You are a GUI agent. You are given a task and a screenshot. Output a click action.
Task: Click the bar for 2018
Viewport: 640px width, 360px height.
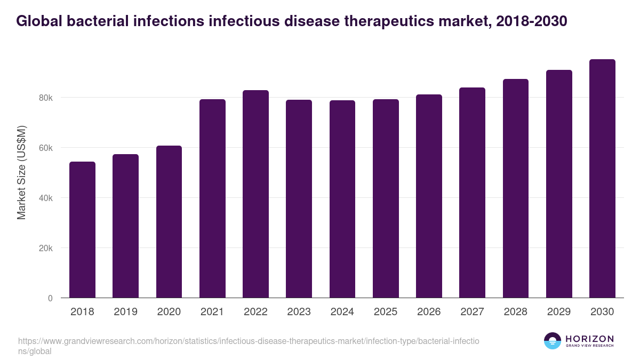82,230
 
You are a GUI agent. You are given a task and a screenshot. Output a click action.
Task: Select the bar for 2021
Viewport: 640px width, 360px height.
212,198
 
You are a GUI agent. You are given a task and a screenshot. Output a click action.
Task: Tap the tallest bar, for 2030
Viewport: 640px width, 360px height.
602,179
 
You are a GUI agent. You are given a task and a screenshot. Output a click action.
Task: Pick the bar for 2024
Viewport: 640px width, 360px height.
342,199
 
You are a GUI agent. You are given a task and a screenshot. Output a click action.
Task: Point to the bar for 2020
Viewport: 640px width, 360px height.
169,222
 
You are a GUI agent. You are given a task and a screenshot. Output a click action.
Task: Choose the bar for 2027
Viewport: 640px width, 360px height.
472,193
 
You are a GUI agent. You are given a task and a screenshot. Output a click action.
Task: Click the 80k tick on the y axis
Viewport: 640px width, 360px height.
46,98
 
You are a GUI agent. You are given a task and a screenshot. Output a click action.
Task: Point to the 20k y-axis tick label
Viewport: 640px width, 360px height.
46,249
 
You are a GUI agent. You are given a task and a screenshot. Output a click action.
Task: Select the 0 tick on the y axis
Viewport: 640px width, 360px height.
50,299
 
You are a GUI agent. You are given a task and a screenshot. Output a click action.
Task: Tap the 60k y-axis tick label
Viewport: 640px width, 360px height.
46,148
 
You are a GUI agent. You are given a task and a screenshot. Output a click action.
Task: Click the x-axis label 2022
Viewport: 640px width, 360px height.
255,312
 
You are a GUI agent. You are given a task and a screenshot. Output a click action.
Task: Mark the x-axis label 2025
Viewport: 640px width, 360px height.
386,312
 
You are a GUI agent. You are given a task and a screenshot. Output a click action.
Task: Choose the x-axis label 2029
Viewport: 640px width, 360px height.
559,312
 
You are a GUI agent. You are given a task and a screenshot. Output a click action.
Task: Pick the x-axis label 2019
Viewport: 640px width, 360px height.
125,312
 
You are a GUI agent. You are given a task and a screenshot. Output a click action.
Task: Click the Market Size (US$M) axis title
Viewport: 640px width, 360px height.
21,173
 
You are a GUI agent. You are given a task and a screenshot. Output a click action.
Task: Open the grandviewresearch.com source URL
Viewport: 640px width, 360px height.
249,346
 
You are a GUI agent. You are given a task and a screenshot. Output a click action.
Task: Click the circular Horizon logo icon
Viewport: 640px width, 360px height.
553,341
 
